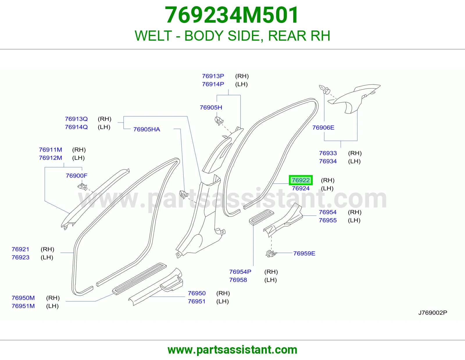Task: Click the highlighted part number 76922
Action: [301, 180]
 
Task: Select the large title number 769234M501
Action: [232, 15]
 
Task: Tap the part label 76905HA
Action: [146, 129]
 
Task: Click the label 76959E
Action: [304, 253]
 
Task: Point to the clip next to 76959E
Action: [271, 253]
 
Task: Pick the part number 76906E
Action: [323, 128]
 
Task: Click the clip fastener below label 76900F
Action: [82, 187]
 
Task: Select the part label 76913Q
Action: [76, 119]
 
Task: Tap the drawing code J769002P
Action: [433, 313]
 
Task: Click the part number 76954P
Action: [240, 272]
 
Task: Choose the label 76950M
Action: [23, 298]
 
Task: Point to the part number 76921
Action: [20, 249]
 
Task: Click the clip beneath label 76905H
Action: [219, 121]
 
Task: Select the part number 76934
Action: [328, 161]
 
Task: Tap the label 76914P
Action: [213, 84]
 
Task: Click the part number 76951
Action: [197, 301]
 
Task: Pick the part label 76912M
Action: [51, 158]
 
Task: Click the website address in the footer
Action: [233, 350]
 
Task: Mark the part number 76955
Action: [328, 220]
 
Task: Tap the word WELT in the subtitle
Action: [153, 36]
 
